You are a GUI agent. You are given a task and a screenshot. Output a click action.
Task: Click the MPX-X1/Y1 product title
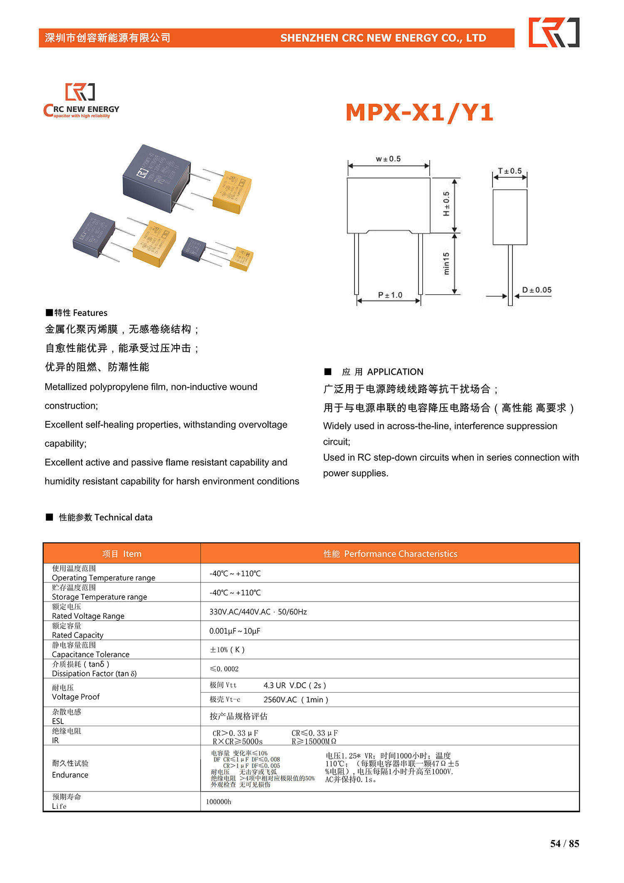pos(419,113)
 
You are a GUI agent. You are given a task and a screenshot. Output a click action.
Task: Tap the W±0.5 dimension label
pos(388,159)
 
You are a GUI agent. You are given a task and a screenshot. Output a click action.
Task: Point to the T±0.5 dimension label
pos(510,171)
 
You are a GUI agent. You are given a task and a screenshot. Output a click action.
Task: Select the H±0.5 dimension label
pos(446,204)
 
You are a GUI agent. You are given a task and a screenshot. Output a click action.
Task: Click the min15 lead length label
pos(446,264)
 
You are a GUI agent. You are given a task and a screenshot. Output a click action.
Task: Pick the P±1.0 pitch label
pos(390,295)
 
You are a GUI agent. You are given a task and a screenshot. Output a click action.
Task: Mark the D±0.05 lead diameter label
pos(537,290)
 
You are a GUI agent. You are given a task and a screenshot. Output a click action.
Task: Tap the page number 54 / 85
pos(565,843)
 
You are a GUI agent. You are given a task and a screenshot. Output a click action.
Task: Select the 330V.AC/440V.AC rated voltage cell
pos(258,612)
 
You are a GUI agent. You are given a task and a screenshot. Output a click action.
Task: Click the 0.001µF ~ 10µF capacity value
pos(235,631)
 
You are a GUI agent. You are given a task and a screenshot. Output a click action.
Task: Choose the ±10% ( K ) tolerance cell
pos(227,649)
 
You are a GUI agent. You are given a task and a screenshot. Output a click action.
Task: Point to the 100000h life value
pos(219,802)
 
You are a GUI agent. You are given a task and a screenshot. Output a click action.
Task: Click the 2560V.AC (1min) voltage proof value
pos(296,700)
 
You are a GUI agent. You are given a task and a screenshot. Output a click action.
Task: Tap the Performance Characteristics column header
pos(390,554)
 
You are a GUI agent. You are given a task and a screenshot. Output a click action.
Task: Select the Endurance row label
pos(70,775)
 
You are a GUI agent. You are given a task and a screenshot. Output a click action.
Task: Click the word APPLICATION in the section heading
pos(395,372)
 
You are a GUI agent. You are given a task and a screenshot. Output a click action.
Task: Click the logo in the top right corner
pos(554,32)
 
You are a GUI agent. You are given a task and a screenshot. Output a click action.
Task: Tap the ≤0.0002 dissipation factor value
pos(224,669)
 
